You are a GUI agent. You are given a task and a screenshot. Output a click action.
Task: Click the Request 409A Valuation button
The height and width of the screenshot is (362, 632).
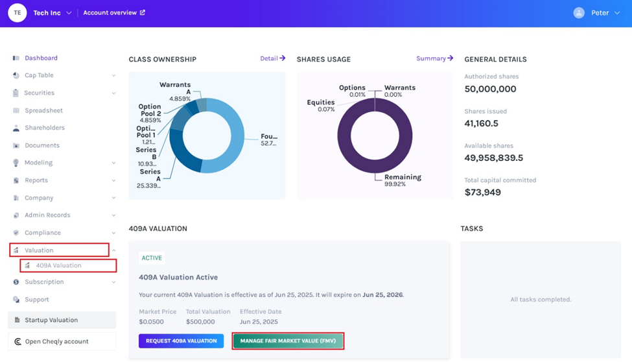tap(181, 341)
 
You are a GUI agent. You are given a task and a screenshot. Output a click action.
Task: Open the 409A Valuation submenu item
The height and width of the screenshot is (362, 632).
tap(58, 265)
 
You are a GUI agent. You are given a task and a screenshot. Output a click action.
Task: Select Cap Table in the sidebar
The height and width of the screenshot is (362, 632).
tap(39, 75)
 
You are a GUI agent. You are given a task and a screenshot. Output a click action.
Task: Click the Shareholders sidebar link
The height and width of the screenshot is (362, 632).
tap(44, 128)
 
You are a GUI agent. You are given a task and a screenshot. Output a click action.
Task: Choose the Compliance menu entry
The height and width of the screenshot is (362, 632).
tap(42, 233)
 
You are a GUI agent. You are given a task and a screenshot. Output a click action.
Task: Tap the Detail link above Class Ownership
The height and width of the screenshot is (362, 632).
tap(272, 58)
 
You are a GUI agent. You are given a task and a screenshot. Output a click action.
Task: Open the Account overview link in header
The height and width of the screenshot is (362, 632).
tap(114, 13)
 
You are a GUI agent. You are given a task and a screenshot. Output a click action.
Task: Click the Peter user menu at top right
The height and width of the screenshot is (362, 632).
tap(597, 13)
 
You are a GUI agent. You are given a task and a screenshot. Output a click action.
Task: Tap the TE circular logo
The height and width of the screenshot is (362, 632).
tap(18, 13)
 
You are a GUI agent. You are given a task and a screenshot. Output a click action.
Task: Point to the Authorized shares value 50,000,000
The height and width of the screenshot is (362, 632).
tap(490, 89)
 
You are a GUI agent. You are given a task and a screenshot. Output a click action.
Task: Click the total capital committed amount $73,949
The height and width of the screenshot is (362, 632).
tap(482, 192)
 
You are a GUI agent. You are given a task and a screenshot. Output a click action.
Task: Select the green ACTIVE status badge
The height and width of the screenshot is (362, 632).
tap(152, 258)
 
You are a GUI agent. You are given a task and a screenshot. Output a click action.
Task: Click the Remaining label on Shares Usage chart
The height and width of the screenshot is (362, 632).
tap(403, 177)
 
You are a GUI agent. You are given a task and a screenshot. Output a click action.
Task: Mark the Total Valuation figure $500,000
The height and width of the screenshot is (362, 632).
tap(200, 322)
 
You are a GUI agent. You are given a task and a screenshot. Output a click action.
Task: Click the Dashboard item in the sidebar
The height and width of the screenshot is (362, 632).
tap(41, 58)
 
